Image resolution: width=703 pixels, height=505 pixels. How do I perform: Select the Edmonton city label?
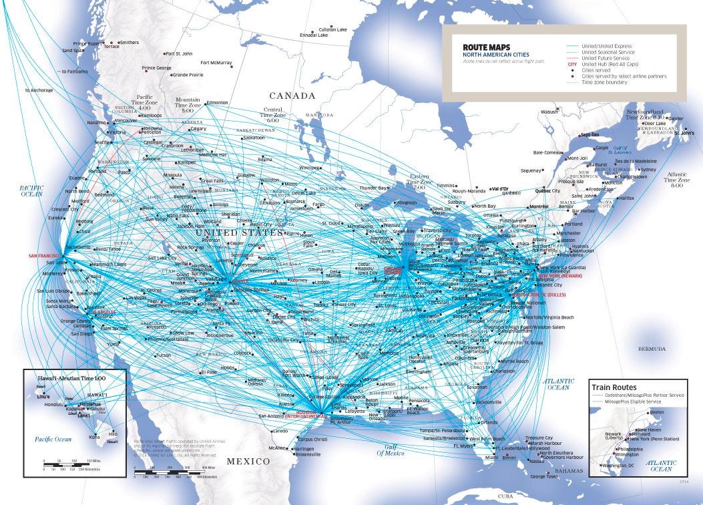coord(218,102)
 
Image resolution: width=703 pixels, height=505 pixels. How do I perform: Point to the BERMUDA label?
coord(651,349)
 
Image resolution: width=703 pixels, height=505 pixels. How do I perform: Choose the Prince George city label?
coord(157,67)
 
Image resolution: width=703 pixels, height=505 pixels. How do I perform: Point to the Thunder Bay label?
coord(373,188)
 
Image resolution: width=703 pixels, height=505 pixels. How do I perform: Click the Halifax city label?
coord(627,198)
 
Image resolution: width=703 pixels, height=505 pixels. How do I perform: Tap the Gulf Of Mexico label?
coord(391,450)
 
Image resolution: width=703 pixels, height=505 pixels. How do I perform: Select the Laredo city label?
coord(280,432)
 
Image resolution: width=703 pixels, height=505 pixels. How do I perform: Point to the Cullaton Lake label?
coord(333,29)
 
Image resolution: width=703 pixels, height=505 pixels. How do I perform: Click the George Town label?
coord(543,476)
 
